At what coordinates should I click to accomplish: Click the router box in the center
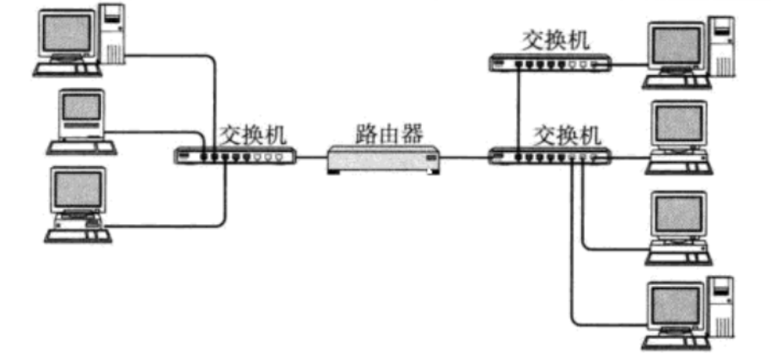[x=384, y=159]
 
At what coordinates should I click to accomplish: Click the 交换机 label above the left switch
[x=253, y=133]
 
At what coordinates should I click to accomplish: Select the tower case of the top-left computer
[x=112, y=34]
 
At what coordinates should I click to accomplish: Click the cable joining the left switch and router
[x=311, y=156]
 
